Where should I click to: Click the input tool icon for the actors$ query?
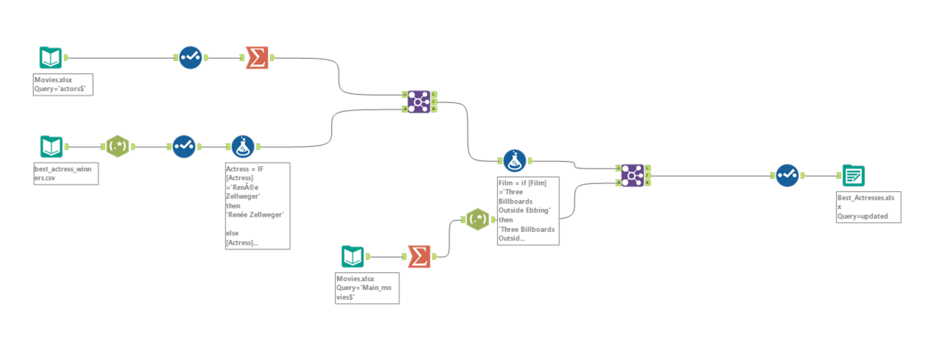pyautogui.click(x=51, y=57)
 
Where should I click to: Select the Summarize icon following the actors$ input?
pyautogui.click(x=257, y=57)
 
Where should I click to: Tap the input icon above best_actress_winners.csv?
pyautogui.click(x=51, y=146)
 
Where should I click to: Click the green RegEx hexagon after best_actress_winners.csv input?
pyautogui.click(x=118, y=146)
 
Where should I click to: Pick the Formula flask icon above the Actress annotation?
pyautogui.click(x=243, y=146)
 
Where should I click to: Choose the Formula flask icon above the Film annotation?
pyautogui.click(x=515, y=161)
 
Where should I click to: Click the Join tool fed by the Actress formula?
pyautogui.click(x=419, y=102)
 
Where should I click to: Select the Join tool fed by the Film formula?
pyautogui.click(x=633, y=175)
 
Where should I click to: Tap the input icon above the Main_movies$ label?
pyautogui.click(x=353, y=256)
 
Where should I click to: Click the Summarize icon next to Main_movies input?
pyautogui.click(x=419, y=256)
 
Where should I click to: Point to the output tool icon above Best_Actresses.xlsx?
pyautogui.click(x=854, y=175)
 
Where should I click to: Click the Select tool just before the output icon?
pyautogui.click(x=787, y=175)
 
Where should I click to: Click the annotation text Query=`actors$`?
pyautogui.click(x=60, y=89)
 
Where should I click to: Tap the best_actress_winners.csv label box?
pyautogui.click(x=66, y=173)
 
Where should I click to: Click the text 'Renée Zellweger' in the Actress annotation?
pyautogui.click(x=254, y=215)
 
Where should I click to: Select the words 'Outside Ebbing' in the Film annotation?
pyautogui.click(x=524, y=210)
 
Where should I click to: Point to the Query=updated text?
pyautogui.click(x=863, y=216)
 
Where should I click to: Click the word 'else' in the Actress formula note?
pyautogui.click(x=232, y=233)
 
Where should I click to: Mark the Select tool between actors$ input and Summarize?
pyautogui.click(x=191, y=57)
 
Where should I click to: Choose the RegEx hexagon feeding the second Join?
pyautogui.click(x=478, y=219)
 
